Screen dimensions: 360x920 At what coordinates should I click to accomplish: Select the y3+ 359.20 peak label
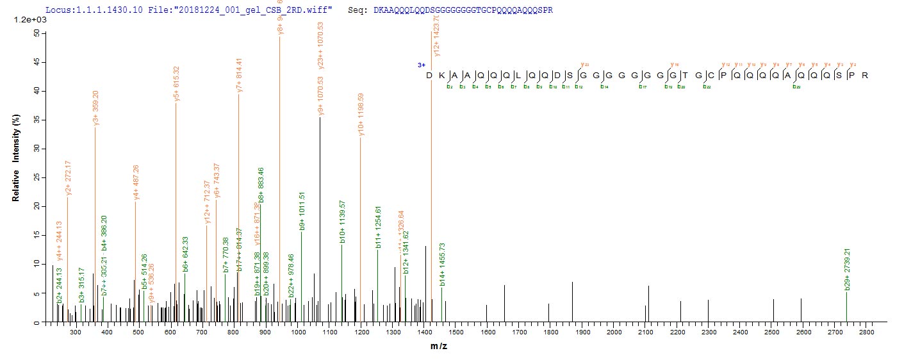tap(95, 107)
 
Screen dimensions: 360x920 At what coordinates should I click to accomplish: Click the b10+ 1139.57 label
tap(342, 222)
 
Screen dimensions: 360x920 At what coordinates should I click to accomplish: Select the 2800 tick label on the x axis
tap(867, 333)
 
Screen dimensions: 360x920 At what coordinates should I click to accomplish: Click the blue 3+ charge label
tap(422, 65)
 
